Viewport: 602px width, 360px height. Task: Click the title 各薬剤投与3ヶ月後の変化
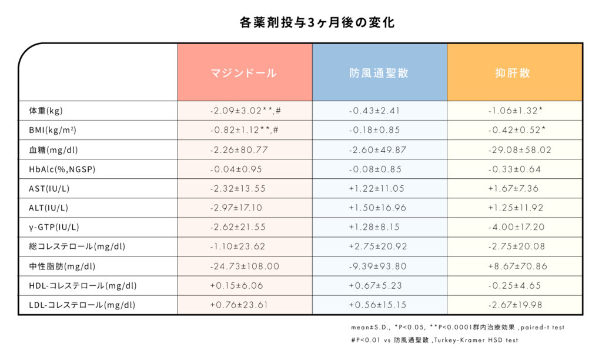tap(301, 22)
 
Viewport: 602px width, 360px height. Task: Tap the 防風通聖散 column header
tap(379, 73)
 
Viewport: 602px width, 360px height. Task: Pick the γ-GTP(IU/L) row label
tap(54, 228)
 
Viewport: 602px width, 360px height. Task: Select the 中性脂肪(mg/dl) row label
tap(62, 266)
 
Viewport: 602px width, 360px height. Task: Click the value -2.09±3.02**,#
tap(245, 111)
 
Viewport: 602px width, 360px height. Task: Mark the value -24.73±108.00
tap(245, 266)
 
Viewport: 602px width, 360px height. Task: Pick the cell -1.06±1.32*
tap(515, 111)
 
